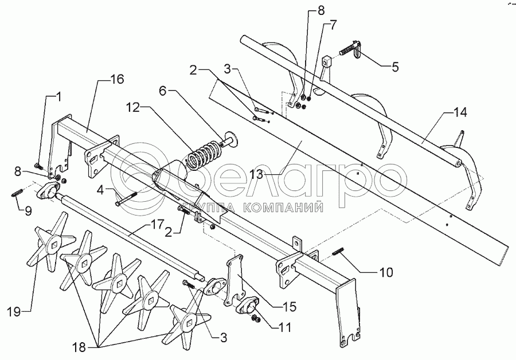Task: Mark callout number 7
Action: [333, 25]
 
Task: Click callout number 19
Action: [14, 312]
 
